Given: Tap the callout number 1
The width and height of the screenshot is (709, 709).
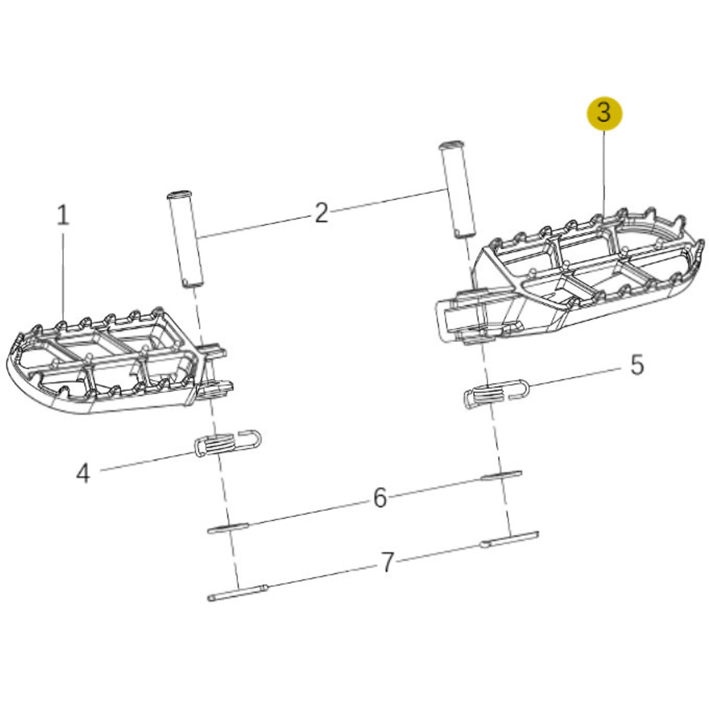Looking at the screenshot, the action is [63, 215].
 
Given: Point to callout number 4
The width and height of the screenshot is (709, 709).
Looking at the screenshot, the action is [83, 474].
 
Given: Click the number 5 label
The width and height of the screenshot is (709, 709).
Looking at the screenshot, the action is [637, 365].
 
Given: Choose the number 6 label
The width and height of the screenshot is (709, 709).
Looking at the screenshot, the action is [380, 498].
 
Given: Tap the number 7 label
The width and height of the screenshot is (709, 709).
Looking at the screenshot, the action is [387, 563].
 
